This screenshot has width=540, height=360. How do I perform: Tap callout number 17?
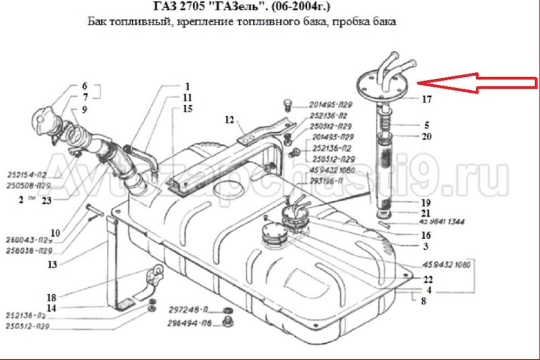click(x=427, y=99)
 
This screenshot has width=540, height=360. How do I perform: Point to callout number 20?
click(x=427, y=137)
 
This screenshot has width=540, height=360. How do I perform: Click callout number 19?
click(x=427, y=203)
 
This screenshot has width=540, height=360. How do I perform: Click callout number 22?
click(x=428, y=280)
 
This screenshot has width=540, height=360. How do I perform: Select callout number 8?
click(x=423, y=301)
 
